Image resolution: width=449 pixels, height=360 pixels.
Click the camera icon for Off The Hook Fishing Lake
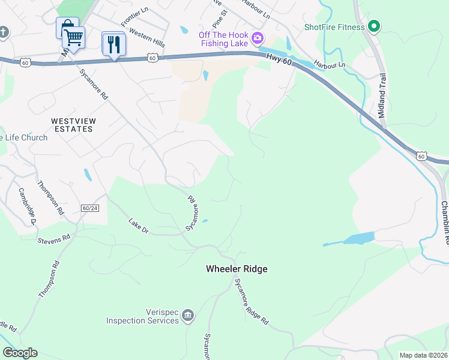point(258,38)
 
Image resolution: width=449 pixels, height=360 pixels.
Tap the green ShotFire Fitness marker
point(374,26)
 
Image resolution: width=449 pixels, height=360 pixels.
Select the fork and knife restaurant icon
point(113,44)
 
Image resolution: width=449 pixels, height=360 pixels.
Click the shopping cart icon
point(73,38)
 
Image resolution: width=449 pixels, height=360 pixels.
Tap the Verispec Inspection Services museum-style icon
point(188,316)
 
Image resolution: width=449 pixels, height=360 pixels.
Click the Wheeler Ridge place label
point(237,269)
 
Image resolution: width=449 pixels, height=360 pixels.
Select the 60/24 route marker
point(89,208)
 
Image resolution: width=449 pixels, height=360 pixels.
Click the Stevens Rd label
point(53,238)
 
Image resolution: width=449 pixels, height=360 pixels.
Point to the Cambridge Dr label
point(26,206)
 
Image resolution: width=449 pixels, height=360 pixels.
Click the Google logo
point(20,353)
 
